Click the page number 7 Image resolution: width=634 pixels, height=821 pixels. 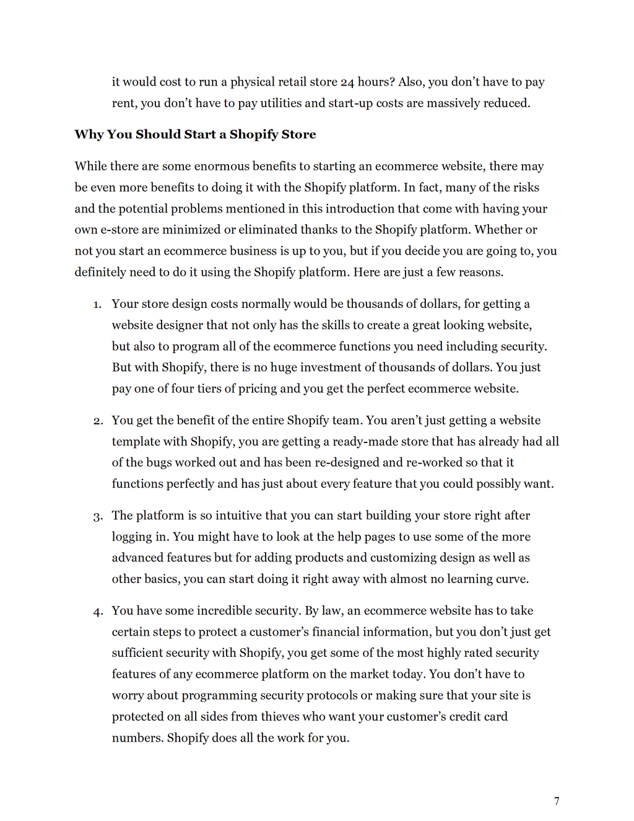[557, 801]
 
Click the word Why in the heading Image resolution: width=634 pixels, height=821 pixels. [89, 134]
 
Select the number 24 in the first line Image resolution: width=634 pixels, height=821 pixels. [347, 82]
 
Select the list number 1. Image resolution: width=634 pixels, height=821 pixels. [97, 305]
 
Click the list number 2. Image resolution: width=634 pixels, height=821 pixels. [98, 421]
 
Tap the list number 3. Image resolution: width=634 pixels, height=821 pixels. [98, 517]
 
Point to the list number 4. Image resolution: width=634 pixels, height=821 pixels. [98, 612]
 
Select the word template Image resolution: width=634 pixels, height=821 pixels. [136, 442]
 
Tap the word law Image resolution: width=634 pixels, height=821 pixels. [331, 611]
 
